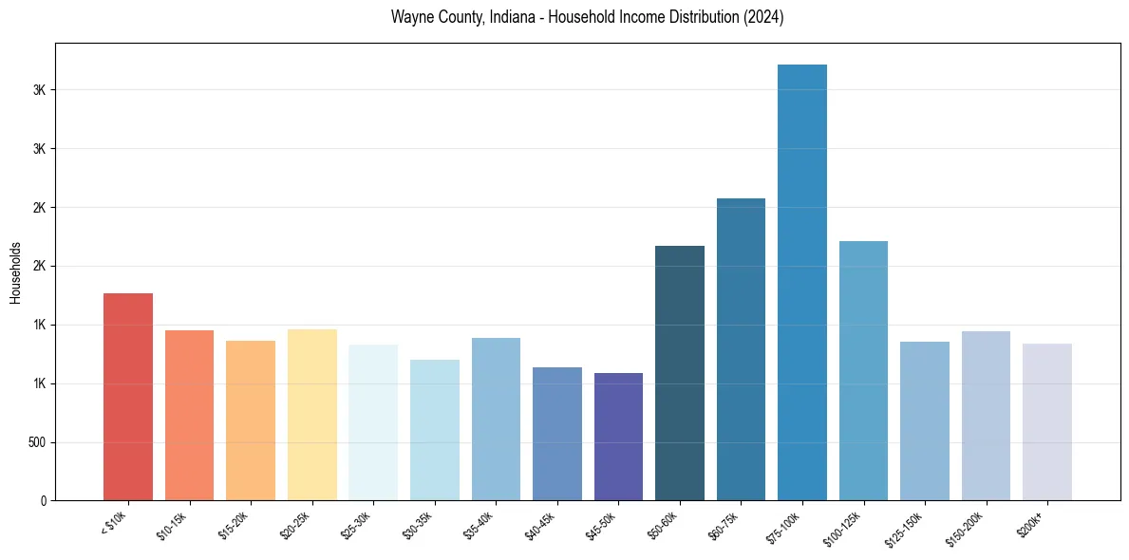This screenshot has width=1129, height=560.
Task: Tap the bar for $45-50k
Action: (618, 437)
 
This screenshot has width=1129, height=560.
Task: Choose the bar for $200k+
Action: (1047, 422)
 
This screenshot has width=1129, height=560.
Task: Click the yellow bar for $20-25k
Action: (312, 415)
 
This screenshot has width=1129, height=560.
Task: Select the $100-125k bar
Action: (863, 371)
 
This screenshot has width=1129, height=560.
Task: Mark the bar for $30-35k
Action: (435, 430)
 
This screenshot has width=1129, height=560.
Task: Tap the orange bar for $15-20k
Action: (251, 420)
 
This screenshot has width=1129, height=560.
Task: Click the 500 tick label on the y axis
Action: (36, 442)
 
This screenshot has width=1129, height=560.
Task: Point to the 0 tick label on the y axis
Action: (43, 501)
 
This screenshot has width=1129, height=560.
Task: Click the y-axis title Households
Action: (16, 272)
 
